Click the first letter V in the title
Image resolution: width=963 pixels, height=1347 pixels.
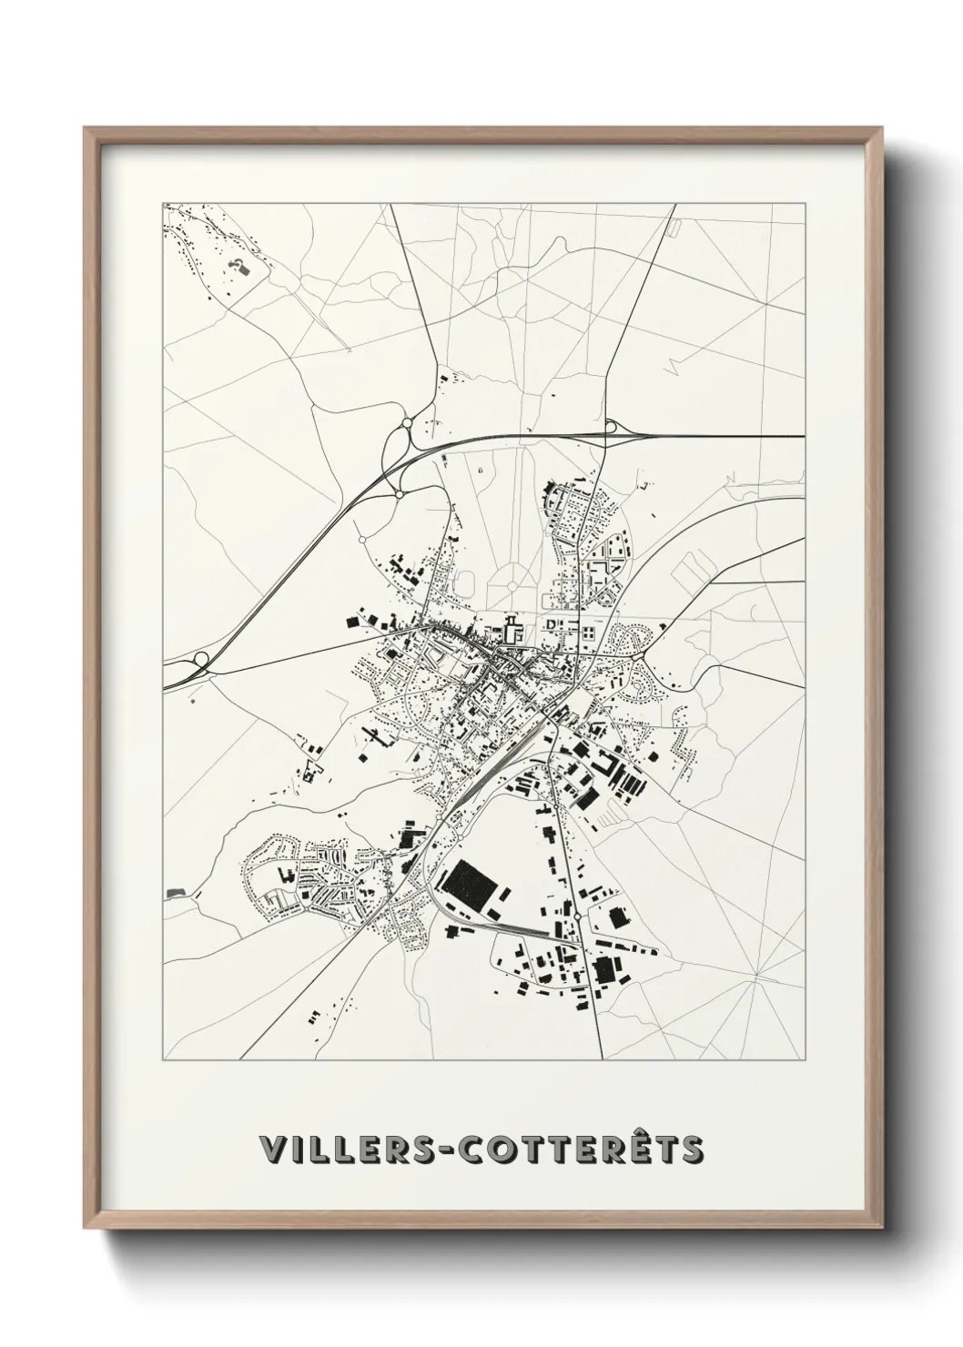[270, 1150]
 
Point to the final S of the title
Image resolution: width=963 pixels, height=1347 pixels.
[693, 1150]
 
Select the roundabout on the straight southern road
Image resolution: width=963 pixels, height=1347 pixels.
[577, 916]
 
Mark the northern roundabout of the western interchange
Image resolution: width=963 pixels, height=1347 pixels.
[405, 423]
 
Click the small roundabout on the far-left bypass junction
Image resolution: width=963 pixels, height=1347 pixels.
[200, 659]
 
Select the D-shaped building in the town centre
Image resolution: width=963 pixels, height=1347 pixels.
[551, 623]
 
